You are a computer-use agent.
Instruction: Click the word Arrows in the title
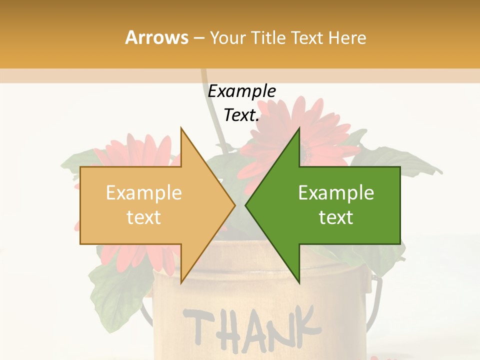click(156, 37)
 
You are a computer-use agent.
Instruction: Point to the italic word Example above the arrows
click(242, 91)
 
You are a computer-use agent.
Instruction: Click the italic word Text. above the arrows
click(242, 115)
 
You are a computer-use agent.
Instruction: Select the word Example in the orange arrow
click(144, 193)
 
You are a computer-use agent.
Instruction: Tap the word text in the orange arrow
click(144, 217)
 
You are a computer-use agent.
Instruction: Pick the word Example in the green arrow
click(336, 193)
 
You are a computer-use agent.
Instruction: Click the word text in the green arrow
click(336, 217)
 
